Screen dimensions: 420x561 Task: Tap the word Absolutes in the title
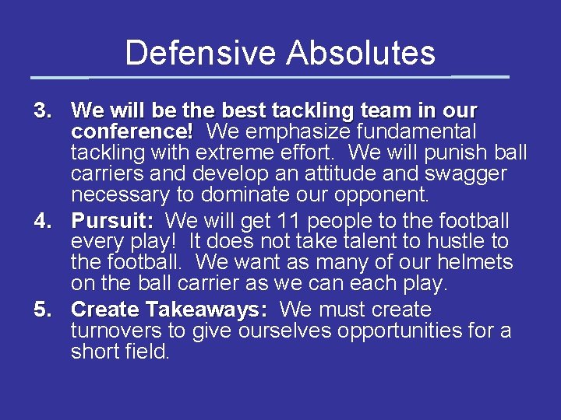(x=361, y=53)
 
